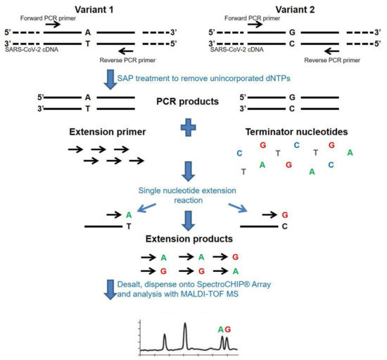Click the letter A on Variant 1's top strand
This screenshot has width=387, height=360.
[x=88, y=32]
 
